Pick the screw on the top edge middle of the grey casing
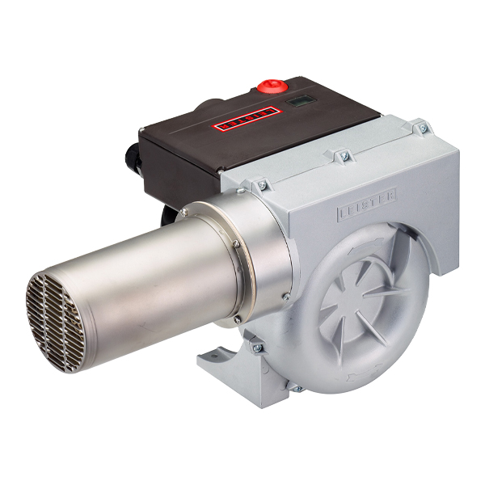[340, 154]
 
